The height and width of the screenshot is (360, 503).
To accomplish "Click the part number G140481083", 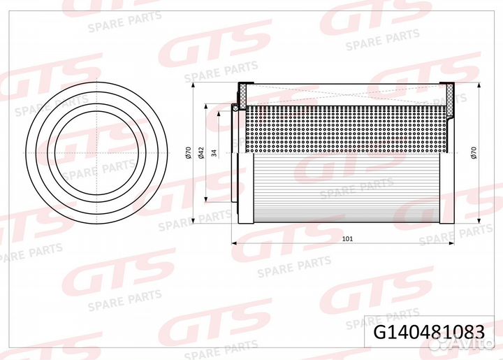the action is [429, 332].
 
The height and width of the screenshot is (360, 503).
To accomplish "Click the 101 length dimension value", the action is [347, 238].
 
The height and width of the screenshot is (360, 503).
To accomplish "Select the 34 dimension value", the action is [214, 152].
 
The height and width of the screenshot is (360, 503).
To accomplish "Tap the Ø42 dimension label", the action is [201, 152].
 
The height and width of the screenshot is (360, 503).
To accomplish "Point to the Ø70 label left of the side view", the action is [188, 152].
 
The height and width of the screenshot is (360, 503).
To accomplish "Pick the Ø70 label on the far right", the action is [474, 152].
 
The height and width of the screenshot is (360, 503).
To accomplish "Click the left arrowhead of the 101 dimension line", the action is [234, 243].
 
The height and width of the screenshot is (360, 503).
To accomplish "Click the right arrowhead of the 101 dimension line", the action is [452, 243].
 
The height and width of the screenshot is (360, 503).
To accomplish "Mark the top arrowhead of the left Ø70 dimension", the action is [193, 85].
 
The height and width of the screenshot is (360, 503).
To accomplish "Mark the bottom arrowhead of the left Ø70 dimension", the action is [193, 221].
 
